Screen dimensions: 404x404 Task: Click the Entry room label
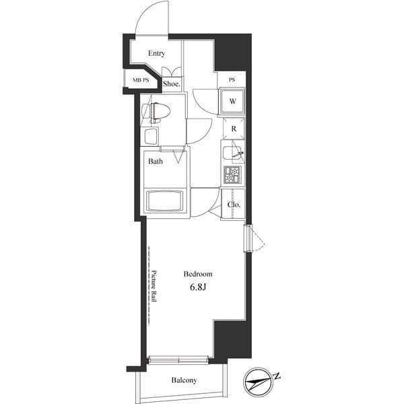tap(157, 53)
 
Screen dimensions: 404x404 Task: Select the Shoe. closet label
tap(172, 84)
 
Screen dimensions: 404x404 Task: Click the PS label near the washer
tap(232, 80)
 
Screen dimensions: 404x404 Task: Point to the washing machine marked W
tap(232, 101)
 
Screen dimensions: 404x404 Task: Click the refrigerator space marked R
tap(233, 128)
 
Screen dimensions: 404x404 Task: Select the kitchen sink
tap(233, 152)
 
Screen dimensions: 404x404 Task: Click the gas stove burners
tap(232, 175)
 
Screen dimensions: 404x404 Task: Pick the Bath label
tap(156, 162)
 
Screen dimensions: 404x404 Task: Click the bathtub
tap(164, 201)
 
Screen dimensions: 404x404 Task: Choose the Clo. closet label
tap(234, 204)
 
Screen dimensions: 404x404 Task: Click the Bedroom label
tap(198, 274)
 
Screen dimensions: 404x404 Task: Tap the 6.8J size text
tap(198, 287)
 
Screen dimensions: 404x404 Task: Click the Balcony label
tap(184, 380)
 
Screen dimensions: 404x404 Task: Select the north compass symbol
tap(256, 381)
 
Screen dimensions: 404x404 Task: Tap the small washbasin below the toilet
tap(150, 137)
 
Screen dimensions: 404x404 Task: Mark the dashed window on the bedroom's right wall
tap(250, 238)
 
